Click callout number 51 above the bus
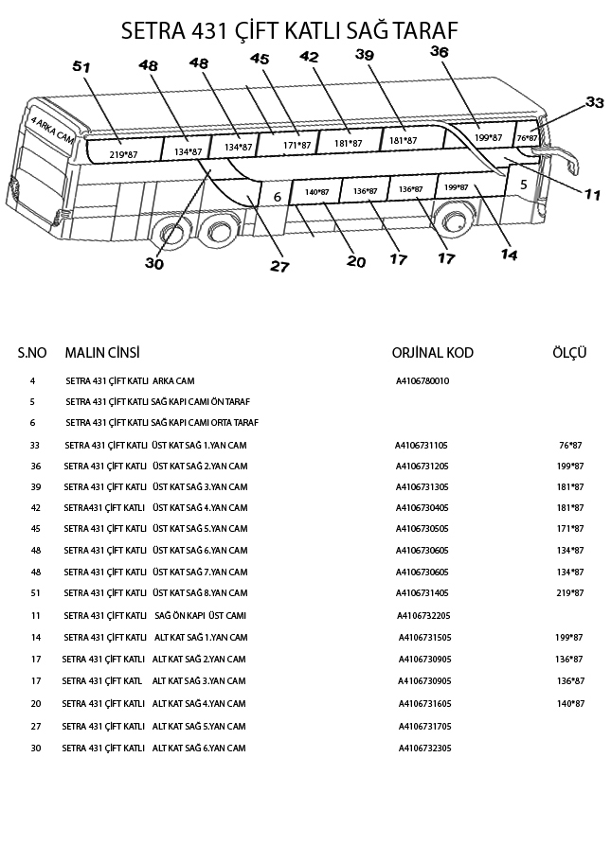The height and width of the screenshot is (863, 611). coord(81,67)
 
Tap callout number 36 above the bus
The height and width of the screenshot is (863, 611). coord(439,52)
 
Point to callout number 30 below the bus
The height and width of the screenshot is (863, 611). coord(154,263)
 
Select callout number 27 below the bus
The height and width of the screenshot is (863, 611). coord(279,267)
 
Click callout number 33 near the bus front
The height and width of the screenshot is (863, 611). coord(594,101)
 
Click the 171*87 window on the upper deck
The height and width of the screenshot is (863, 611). coord(297,145)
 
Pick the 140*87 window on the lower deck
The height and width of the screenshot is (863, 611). coord(316,192)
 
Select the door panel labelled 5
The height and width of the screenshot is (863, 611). coord(523,185)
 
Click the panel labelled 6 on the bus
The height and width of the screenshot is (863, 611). coord(277,197)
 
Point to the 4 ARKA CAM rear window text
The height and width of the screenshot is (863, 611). coord(53,133)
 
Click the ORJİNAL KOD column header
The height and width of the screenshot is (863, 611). coord(432,353)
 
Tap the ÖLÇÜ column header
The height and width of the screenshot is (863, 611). coord(569,353)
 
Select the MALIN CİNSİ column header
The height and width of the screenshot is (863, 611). coord(102,353)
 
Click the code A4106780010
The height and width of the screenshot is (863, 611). coord(422,381)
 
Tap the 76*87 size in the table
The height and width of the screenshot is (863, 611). coord(570,444)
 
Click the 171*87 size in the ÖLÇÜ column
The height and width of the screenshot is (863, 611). coord(570,529)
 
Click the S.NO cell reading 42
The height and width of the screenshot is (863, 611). coord(35,507)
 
